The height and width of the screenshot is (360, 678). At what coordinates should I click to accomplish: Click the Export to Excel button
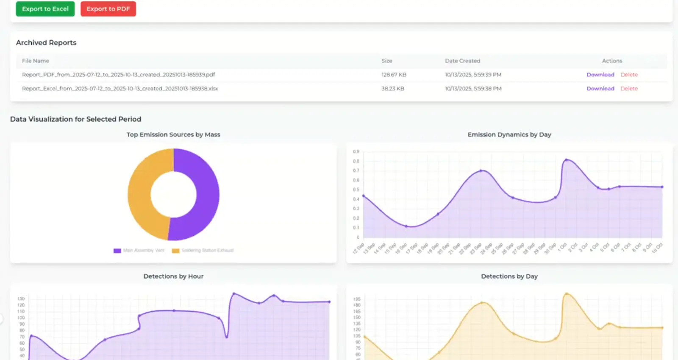[x=45, y=9]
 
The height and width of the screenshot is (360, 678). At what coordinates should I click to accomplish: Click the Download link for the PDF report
[x=600, y=75]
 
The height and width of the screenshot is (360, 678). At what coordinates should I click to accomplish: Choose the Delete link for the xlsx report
[x=629, y=89]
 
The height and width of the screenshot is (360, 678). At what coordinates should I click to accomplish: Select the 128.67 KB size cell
[x=394, y=75]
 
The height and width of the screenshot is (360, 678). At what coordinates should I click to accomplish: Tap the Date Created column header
[x=462, y=61]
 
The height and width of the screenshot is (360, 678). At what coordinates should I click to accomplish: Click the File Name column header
[x=36, y=61]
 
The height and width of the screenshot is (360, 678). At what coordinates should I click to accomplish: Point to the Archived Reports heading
[x=46, y=42]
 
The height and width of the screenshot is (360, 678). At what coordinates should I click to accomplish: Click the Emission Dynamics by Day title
[x=509, y=134]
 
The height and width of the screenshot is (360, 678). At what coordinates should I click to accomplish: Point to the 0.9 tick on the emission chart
[x=356, y=151]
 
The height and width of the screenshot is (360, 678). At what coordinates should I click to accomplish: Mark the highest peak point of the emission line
[x=566, y=160]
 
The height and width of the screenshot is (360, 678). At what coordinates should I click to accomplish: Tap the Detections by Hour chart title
[x=173, y=276]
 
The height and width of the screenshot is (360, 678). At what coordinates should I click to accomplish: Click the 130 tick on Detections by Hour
[x=21, y=299]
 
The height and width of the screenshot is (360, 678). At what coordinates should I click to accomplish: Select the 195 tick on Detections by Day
[x=357, y=299]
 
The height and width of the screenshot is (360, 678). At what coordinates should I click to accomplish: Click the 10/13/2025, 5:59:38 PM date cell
[x=473, y=89]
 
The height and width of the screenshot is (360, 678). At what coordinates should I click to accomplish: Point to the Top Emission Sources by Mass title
[x=173, y=134]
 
